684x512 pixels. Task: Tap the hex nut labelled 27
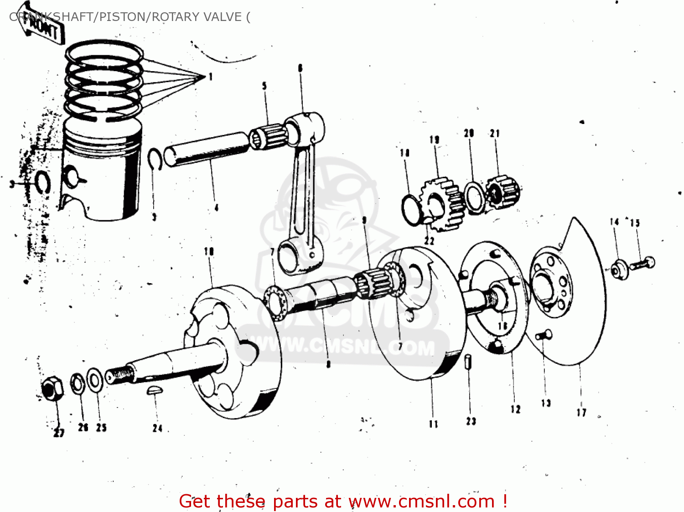[x=52, y=389]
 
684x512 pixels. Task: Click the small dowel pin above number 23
[x=468, y=362]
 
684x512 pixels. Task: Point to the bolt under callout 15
[x=643, y=264]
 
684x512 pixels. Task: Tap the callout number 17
[x=581, y=413]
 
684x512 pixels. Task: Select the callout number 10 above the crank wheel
[x=209, y=252]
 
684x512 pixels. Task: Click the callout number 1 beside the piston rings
[x=211, y=77]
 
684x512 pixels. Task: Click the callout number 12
[x=515, y=409]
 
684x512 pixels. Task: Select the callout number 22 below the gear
[x=429, y=240]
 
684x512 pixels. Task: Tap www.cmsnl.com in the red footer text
[x=421, y=502]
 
